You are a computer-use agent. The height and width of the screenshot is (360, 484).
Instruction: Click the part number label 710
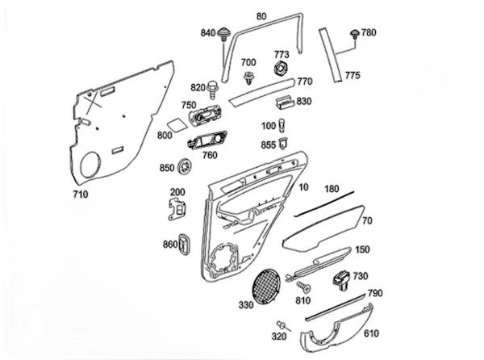click(x=80, y=194)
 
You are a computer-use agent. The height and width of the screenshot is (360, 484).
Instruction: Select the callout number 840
click(x=208, y=33)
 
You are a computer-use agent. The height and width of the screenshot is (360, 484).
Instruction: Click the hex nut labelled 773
click(x=282, y=67)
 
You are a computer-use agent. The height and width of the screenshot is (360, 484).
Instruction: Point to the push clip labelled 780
click(x=354, y=35)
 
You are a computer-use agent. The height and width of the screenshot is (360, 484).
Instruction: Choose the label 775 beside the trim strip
click(x=353, y=76)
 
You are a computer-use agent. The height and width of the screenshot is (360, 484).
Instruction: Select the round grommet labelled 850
click(x=187, y=167)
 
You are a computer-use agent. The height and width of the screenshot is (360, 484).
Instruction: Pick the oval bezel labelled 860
click(x=185, y=243)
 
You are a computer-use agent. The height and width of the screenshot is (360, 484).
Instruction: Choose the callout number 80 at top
click(x=261, y=15)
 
